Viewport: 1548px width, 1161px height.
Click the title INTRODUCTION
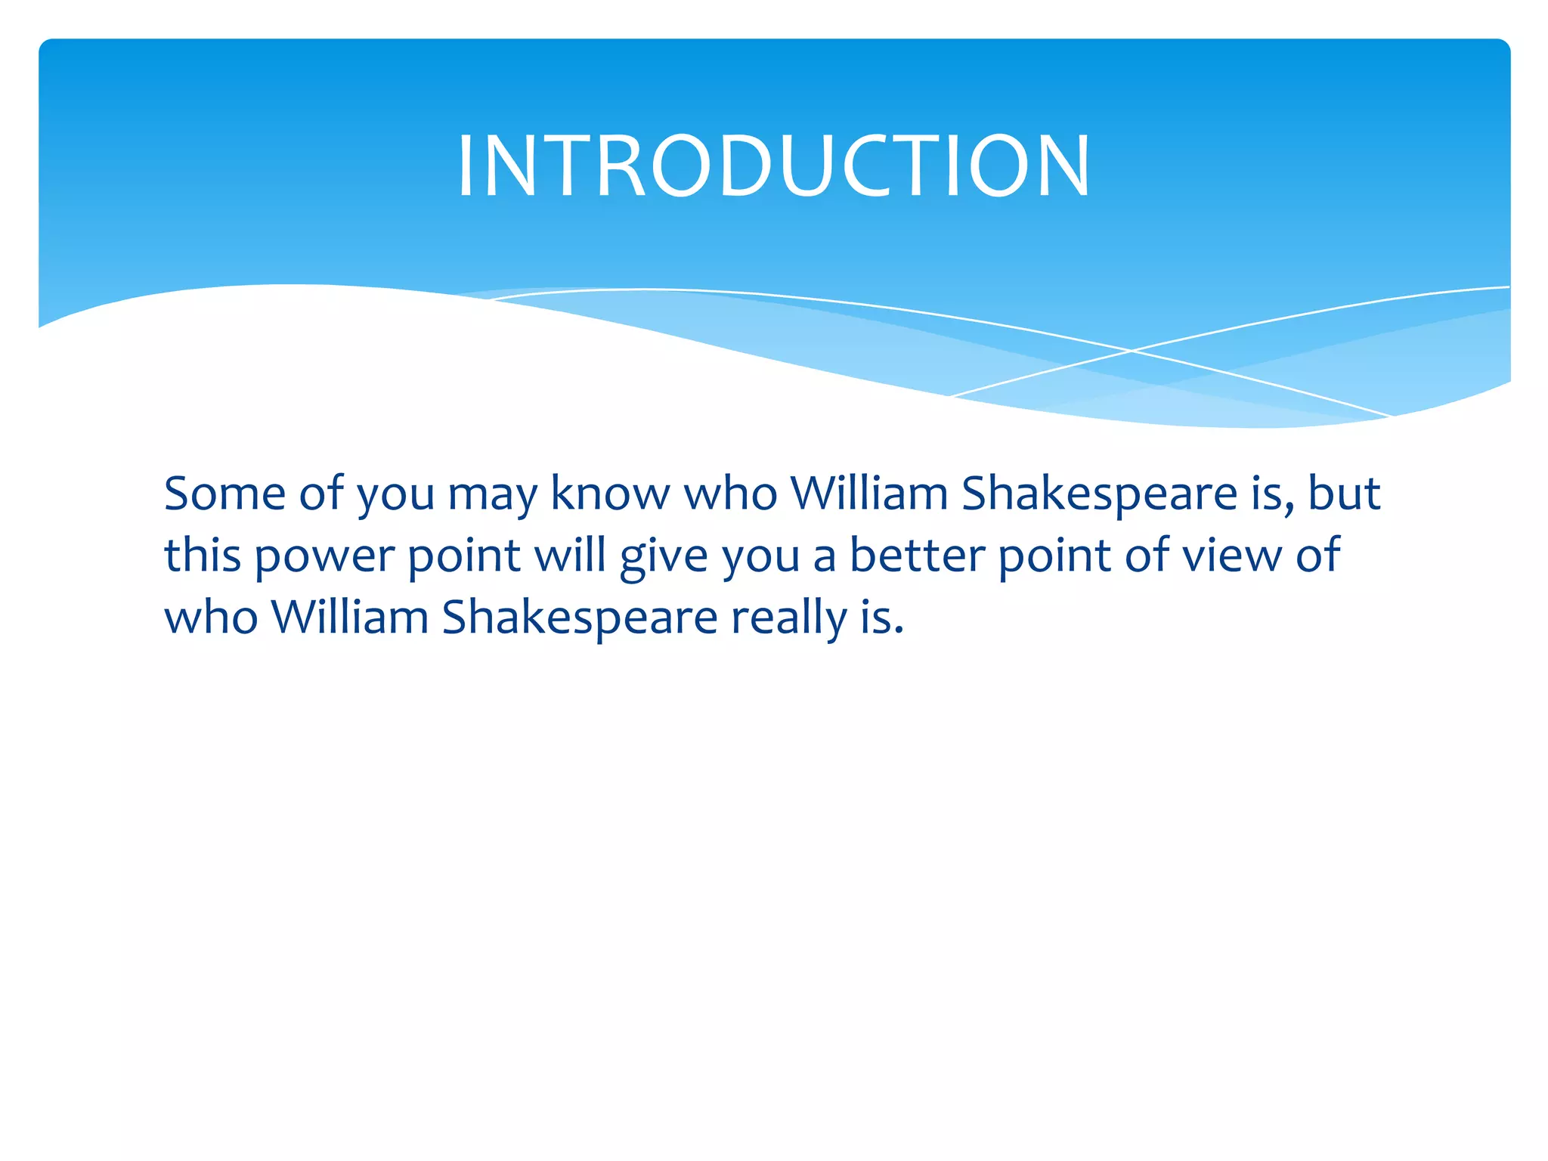point(773,166)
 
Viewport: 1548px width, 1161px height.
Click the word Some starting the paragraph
point(224,494)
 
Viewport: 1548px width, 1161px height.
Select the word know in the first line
point(609,494)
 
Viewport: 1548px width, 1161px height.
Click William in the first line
point(868,494)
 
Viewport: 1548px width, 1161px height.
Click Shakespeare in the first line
point(1099,496)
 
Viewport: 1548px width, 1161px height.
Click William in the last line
point(350,618)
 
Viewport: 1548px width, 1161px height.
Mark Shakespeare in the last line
point(579,619)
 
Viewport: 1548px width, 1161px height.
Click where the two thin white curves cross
point(1132,351)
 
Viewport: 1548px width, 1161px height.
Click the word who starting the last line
point(211,618)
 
